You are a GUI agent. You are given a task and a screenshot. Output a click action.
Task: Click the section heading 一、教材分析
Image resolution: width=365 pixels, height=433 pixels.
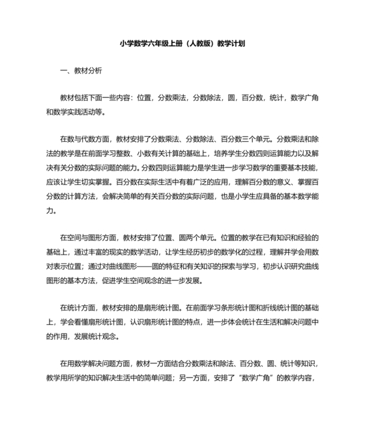coord(80,70)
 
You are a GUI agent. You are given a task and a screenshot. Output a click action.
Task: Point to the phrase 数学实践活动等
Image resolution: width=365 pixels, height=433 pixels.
coord(80,111)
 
